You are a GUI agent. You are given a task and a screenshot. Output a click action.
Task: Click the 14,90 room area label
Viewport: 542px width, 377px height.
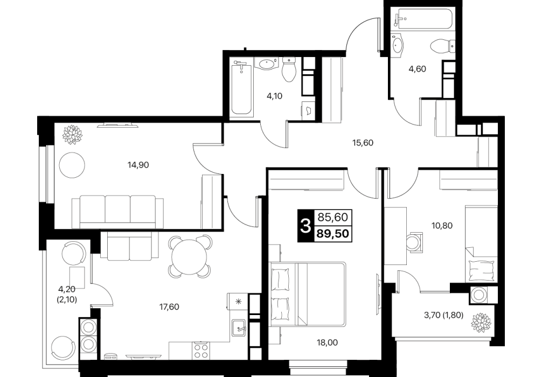click(x=138, y=165)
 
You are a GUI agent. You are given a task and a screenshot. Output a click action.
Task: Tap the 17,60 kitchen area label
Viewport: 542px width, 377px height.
click(x=169, y=307)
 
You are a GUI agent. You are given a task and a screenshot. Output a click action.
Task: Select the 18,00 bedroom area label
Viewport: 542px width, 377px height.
click(x=328, y=343)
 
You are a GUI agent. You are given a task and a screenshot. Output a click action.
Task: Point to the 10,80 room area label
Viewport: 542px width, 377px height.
click(x=442, y=226)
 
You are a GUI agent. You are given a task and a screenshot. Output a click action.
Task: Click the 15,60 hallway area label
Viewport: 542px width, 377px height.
click(x=363, y=143)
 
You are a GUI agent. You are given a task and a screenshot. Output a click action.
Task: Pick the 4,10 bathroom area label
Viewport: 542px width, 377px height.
click(x=274, y=96)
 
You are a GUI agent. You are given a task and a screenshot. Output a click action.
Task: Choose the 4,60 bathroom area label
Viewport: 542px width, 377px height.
click(x=417, y=69)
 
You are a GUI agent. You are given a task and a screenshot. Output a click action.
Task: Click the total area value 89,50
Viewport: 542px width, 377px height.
click(x=333, y=234)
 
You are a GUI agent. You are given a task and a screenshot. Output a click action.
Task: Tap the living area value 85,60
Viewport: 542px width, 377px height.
click(x=333, y=218)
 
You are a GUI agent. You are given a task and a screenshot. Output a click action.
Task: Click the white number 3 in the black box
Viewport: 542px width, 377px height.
click(x=305, y=226)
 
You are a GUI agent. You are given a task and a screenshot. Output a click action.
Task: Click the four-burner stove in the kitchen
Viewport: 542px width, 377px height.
click(x=201, y=351)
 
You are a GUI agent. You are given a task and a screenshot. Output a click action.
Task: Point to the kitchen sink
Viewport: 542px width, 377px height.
click(x=239, y=327)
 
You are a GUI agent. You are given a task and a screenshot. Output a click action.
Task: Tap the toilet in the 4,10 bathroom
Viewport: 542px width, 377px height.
click(x=289, y=70)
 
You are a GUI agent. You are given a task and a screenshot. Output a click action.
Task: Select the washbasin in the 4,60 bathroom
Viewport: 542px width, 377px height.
click(x=398, y=44)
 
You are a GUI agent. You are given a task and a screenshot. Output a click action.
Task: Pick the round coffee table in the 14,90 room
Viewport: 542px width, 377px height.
click(x=72, y=165)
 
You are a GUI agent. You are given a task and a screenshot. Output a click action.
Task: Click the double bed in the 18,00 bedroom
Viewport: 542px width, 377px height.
click(x=307, y=294)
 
